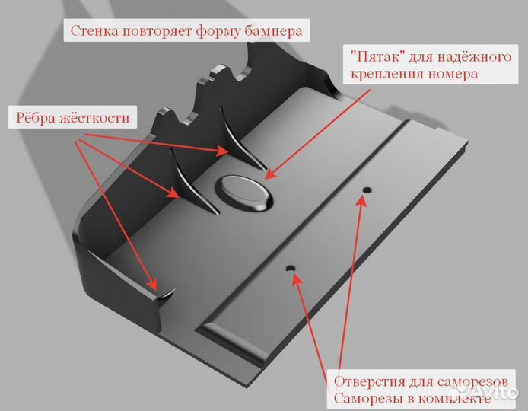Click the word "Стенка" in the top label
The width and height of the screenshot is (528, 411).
point(94,31)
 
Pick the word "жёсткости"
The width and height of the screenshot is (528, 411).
point(94,118)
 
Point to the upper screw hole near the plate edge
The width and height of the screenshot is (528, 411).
point(367,190)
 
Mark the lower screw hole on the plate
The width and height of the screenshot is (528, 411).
point(291,269)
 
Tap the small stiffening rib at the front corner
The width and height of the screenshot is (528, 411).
point(166,294)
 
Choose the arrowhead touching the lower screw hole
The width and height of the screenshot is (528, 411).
point(296,279)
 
